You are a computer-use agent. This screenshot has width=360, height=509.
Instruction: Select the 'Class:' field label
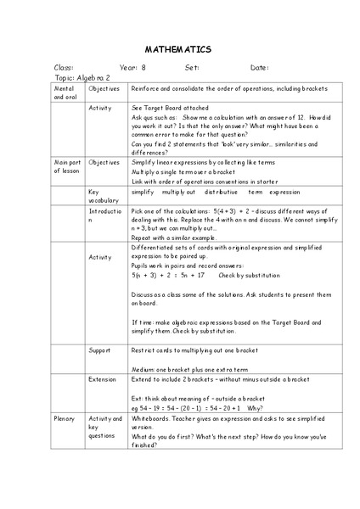pyautogui.click(x=65, y=67)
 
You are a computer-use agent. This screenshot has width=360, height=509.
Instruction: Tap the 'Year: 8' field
pyautogui.click(x=132, y=67)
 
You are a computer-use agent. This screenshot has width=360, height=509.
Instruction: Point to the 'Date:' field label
pyautogui.click(x=260, y=67)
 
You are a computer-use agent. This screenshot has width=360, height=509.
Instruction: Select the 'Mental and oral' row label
pyautogui.click(x=65, y=92)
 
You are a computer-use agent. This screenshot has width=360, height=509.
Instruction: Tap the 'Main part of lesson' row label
pyautogui.click(x=67, y=165)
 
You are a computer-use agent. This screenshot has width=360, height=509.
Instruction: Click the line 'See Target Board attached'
pyautogui.click(x=172, y=109)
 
